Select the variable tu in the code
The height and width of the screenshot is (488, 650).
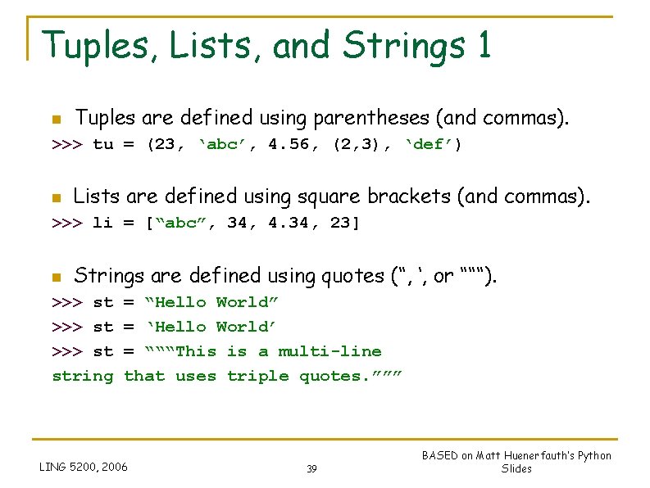coord(103,145)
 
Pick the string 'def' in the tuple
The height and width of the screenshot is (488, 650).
coord(434,145)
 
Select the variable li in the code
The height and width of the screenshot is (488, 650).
coord(103,223)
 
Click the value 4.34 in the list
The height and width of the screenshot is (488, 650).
coord(289,223)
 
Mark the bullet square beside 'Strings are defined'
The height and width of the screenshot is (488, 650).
coord(55,276)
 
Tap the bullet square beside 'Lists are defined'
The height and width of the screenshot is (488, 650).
coord(55,197)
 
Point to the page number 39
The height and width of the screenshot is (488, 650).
coord(311,469)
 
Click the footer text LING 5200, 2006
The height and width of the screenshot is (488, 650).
coord(84,468)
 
